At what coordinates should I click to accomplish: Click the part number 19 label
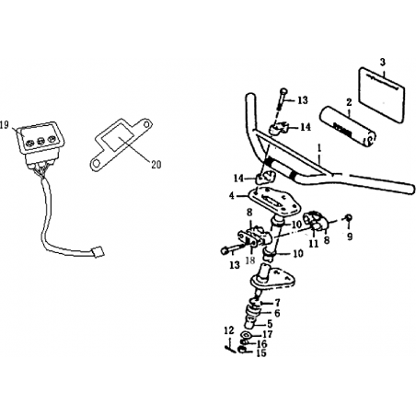point(5,125)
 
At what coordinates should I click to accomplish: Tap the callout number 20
point(156,165)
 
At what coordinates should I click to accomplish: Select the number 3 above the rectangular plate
point(382,62)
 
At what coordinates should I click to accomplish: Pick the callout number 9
point(350,237)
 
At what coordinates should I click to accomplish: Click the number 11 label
point(313,244)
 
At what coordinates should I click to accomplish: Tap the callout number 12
point(229,330)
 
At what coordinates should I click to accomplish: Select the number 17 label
point(268,334)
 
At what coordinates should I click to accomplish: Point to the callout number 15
point(261,353)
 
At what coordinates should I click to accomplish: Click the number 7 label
point(277,303)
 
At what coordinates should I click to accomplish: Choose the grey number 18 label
point(250,260)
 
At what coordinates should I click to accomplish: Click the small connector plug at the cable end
point(98,252)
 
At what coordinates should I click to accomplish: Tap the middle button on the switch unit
point(40,142)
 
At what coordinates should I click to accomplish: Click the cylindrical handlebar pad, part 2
point(349,127)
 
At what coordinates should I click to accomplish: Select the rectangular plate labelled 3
point(382,95)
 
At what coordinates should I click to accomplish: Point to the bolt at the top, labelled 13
point(282,99)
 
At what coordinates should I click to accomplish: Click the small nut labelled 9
point(349,217)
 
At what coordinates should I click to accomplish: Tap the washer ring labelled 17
point(247,334)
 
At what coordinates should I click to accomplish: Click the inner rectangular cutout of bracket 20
point(119,139)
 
